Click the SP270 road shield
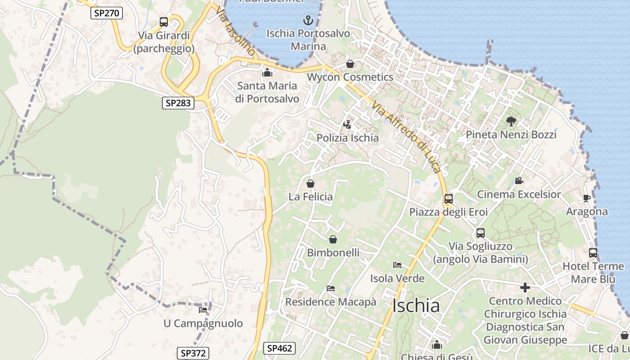coord(107,13)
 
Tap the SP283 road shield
coord(178,103)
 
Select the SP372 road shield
coord(193,353)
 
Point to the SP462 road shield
coord(279,348)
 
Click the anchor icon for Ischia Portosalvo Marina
coord(308,20)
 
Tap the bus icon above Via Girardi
coord(164,22)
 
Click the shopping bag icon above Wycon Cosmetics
coord(350,64)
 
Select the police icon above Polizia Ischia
coord(347,125)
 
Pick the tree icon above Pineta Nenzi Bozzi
coord(511,121)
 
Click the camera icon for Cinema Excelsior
coord(519,181)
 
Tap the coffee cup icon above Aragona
coord(586,198)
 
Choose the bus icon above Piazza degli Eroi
coord(448,198)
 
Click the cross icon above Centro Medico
coord(525,288)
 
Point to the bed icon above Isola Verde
coord(397,265)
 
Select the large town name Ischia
coord(416,306)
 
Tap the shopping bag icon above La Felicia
coord(310,184)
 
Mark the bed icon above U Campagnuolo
coord(203,310)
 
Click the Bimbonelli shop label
coord(333,253)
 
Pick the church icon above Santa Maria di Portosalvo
coord(267,72)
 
